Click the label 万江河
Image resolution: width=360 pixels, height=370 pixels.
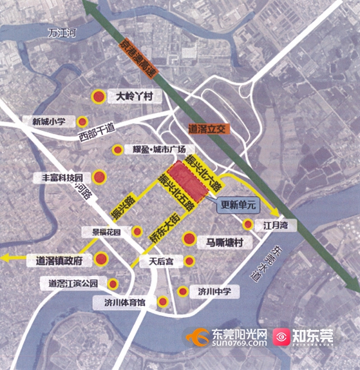62,34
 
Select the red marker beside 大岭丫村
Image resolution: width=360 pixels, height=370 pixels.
99,97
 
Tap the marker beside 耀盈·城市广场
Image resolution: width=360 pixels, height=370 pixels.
117,150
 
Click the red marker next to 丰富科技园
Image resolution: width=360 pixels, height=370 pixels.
99,177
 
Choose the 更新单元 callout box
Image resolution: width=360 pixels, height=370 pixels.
238,206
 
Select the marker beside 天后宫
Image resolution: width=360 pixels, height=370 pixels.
189,261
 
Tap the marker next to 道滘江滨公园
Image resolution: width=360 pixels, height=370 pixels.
113,283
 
